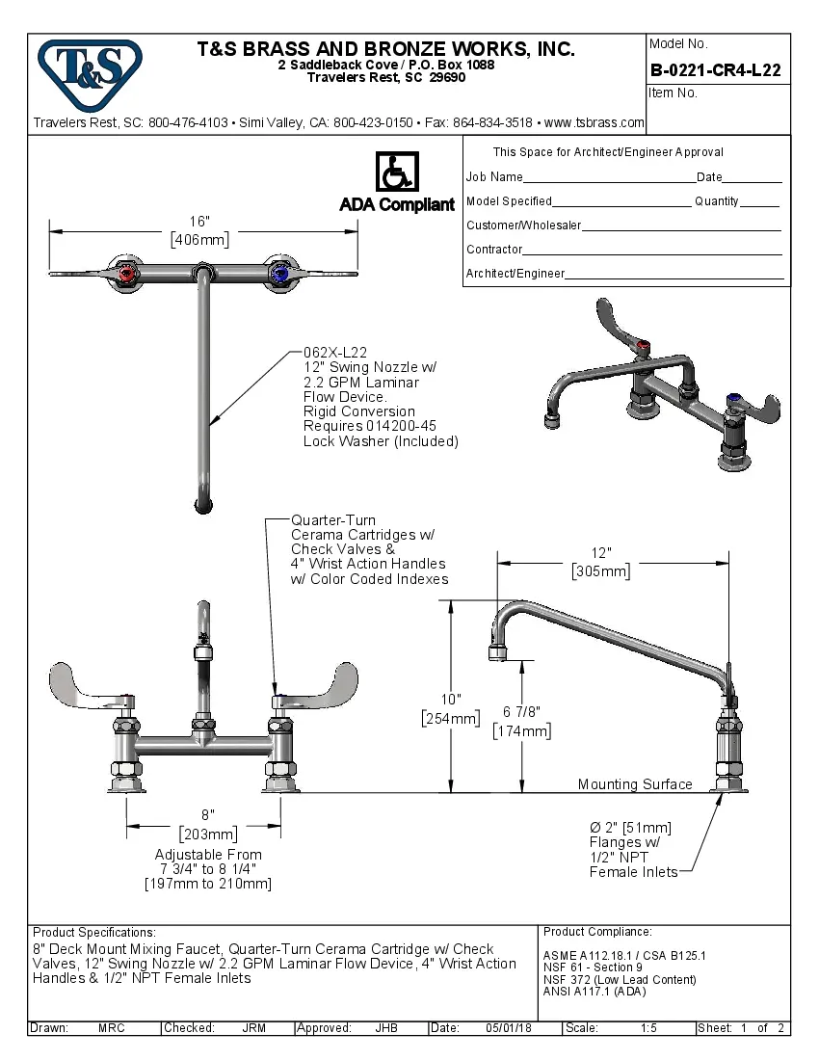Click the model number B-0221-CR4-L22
point(715,70)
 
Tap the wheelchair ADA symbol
point(395,172)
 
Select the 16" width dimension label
point(199,222)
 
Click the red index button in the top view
point(125,275)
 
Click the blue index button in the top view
point(279,275)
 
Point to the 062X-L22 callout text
point(335,353)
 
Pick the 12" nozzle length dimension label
point(600,553)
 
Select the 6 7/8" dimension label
point(521,712)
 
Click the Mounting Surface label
point(635,784)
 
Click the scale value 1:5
point(648,1028)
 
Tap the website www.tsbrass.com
point(594,122)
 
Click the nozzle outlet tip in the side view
point(496,654)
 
